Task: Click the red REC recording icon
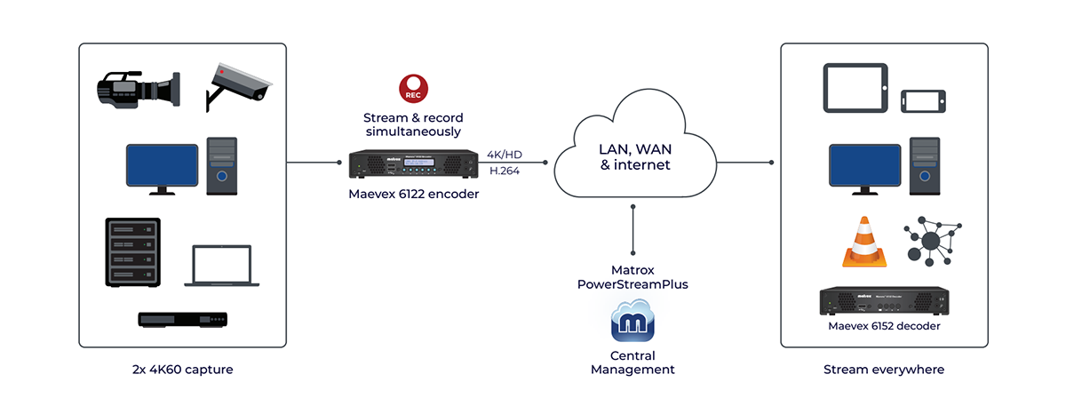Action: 414,89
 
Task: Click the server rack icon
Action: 134,252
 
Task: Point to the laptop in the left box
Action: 218,266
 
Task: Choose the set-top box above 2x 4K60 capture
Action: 183,320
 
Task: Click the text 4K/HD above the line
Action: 505,155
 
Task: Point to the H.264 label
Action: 505,171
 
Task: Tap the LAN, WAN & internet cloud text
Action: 633,155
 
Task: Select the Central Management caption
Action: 632,362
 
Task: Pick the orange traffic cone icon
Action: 864,243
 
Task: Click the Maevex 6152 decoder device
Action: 885,302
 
